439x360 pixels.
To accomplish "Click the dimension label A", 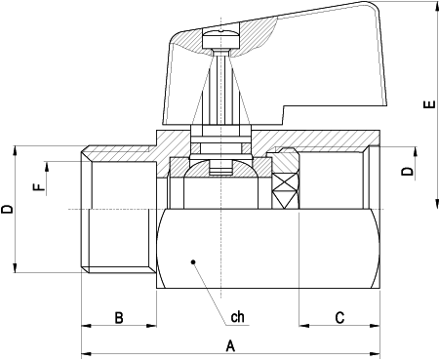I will tap(230, 345).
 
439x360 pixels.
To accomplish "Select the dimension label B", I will tap(118, 317).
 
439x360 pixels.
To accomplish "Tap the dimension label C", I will tap(339, 317).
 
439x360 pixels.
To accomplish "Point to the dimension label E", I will tap(426, 107).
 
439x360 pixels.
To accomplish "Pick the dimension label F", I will tap(38, 185).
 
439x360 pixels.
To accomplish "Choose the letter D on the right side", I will tap(408, 172).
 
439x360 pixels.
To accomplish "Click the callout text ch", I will tap(237, 317).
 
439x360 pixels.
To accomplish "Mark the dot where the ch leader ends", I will tap(193, 261).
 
